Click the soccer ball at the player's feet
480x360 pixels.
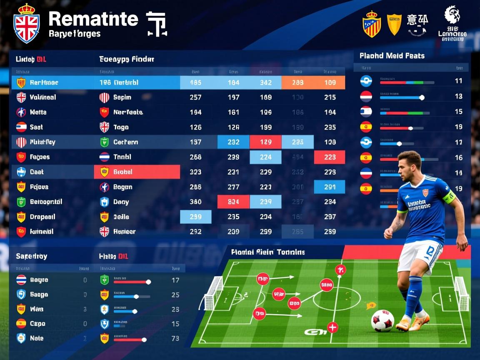tap(382, 320)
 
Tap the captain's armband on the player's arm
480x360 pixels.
tap(449, 197)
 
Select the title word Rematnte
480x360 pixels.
tap(93, 19)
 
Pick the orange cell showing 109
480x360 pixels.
tap(330, 82)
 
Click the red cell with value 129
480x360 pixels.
tap(265, 142)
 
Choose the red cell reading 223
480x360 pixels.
tap(330, 157)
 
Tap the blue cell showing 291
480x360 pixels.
tap(330, 187)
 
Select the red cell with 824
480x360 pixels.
tap(233, 202)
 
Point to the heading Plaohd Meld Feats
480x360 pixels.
tap(392, 55)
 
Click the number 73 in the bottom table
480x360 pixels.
tap(175, 338)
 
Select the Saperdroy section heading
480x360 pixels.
tap(32, 256)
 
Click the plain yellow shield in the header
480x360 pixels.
tap(394, 24)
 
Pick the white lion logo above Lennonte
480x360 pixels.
tap(452, 15)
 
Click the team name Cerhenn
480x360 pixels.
tap(125, 142)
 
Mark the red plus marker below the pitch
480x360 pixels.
tap(332, 327)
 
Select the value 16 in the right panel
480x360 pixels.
tap(459, 157)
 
